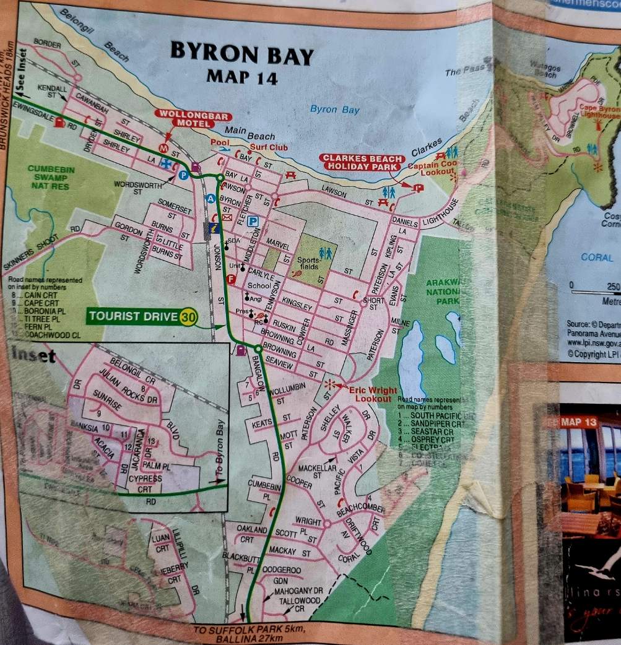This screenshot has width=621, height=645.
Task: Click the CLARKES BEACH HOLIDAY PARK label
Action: pyautogui.click(x=358, y=162)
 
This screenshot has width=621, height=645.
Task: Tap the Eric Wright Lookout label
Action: pyautogui.click(x=369, y=395)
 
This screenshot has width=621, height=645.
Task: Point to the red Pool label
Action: pyautogui.click(x=219, y=142)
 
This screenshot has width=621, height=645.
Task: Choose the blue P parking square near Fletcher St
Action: pyautogui.click(x=253, y=221)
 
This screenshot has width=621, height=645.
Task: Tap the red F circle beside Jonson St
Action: pyautogui.click(x=232, y=280)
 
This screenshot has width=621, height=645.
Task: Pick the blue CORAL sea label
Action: pyautogui.click(x=596, y=257)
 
